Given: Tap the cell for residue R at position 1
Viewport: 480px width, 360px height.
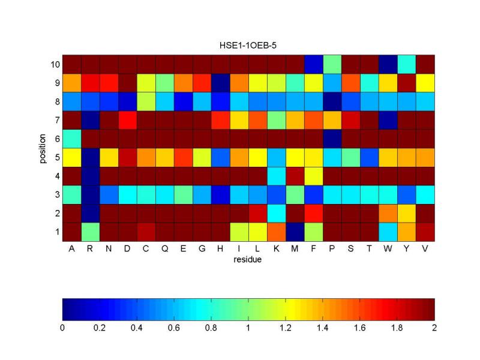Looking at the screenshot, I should click(90, 231).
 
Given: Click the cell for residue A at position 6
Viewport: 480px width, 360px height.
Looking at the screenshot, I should click(71, 138).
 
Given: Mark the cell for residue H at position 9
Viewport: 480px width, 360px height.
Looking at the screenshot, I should click(211, 82).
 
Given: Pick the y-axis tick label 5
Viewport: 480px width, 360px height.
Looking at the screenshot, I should click(56, 157).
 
